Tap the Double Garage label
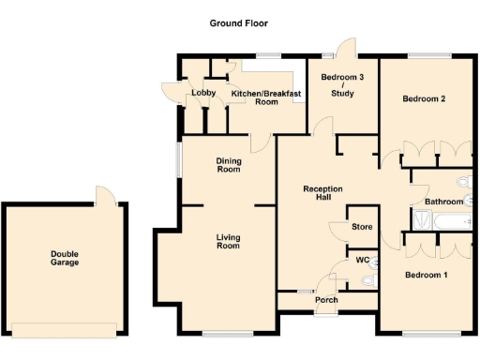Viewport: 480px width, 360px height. click(65, 257)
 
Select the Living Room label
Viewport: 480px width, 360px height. click(228, 241)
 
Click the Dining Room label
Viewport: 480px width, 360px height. click(229, 165)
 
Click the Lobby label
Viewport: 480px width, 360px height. click(203, 93)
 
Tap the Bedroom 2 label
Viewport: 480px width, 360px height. click(423, 98)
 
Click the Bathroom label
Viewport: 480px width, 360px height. click(443, 202)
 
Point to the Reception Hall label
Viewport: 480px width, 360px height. click(323, 194)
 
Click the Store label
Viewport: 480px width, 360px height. click(361, 227)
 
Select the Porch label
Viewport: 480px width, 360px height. click(326, 300)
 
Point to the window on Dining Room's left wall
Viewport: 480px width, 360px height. click(180, 158)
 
